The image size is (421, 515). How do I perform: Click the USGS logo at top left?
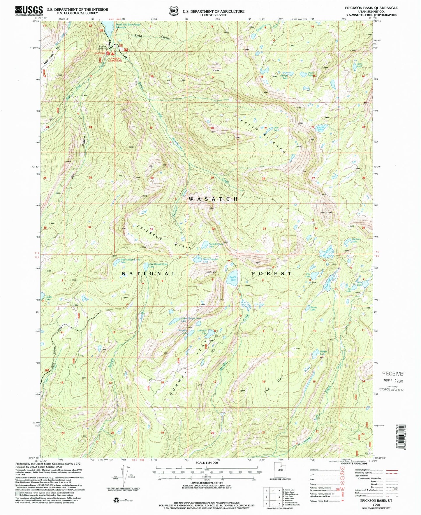[29, 11]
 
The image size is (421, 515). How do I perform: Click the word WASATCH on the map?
[213, 199]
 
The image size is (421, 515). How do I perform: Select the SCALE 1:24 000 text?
[205, 463]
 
